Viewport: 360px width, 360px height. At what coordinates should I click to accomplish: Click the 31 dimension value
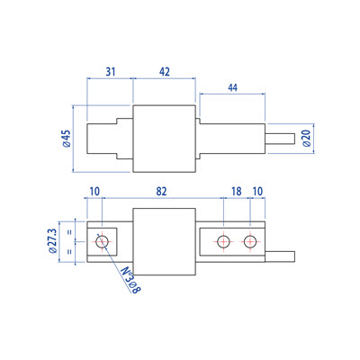(109, 71)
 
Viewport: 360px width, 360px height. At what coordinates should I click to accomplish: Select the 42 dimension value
(165, 71)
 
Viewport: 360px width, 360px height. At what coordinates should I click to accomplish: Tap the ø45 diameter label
(66, 139)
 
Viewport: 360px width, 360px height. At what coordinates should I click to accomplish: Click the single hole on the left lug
(101, 240)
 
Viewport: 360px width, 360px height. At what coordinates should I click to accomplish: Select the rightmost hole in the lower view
(249, 240)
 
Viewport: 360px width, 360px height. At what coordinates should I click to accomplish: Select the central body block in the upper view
(165, 139)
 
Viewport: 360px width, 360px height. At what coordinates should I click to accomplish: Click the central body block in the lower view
(165, 240)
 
